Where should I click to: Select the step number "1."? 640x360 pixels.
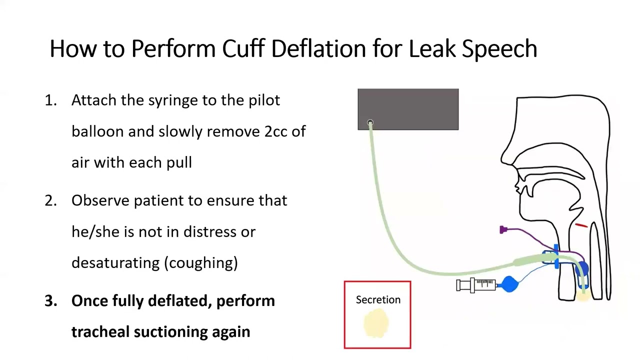pos(51,100)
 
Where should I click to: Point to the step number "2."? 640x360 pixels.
pos(51,200)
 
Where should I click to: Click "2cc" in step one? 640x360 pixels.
pos(276,131)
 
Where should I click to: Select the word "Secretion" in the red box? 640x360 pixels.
pos(378,300)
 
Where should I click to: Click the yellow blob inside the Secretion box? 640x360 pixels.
pos(376,323)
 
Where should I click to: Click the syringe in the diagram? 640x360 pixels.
pos(475,285)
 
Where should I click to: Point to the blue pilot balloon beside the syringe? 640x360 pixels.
pos(509,284)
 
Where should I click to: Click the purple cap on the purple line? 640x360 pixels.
pos(503,229)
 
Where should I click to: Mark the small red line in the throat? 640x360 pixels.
pos(580,225)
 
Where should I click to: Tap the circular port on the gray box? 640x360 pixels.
pos(370,123)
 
